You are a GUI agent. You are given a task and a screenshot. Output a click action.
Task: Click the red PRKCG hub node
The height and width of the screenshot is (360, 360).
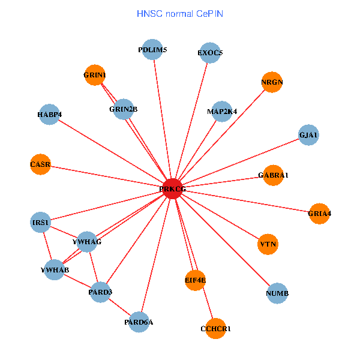click(x=172, y=189)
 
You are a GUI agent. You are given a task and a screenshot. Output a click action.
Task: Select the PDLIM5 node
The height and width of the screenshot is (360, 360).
click(x=153, y=50)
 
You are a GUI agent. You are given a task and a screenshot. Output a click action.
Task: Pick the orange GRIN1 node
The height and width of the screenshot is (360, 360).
click(x=95, y=75)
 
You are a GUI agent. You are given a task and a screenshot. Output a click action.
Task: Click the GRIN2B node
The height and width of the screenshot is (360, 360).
click(x=124, y=109)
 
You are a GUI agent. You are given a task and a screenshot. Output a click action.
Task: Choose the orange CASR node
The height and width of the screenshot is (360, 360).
click(x=40, y=164)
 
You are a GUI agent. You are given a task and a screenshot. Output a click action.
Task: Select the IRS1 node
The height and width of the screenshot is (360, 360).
click(x=41, y=223)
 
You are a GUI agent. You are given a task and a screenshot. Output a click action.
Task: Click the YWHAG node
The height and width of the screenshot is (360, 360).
click(x=87, y=241)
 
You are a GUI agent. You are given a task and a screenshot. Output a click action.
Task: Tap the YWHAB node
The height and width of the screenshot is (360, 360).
click(x=55, y=269)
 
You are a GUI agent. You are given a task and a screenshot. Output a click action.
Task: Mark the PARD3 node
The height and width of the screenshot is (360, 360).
click(x=100, y=292)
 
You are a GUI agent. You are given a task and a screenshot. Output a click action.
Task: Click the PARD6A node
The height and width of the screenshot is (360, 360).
click(x=139, y=322)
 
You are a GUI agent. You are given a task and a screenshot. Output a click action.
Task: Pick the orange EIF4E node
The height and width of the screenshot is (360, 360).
click(x=195, y=280)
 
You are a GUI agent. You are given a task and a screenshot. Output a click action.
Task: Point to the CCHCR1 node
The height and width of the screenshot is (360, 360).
click(x=215, y=328)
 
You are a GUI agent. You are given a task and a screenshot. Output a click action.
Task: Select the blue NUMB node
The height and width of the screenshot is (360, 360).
click(x=277, y=293)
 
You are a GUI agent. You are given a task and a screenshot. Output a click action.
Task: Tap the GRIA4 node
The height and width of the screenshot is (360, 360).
click(x=319, y=214)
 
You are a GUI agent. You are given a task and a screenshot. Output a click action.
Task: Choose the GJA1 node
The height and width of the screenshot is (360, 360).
click(x=308, y=136)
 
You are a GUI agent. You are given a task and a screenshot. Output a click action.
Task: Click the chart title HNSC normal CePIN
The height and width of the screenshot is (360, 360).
click(x=180, y=13)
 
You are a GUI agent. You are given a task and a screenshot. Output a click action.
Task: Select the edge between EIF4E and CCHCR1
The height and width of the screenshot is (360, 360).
click(x=205, y=304)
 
